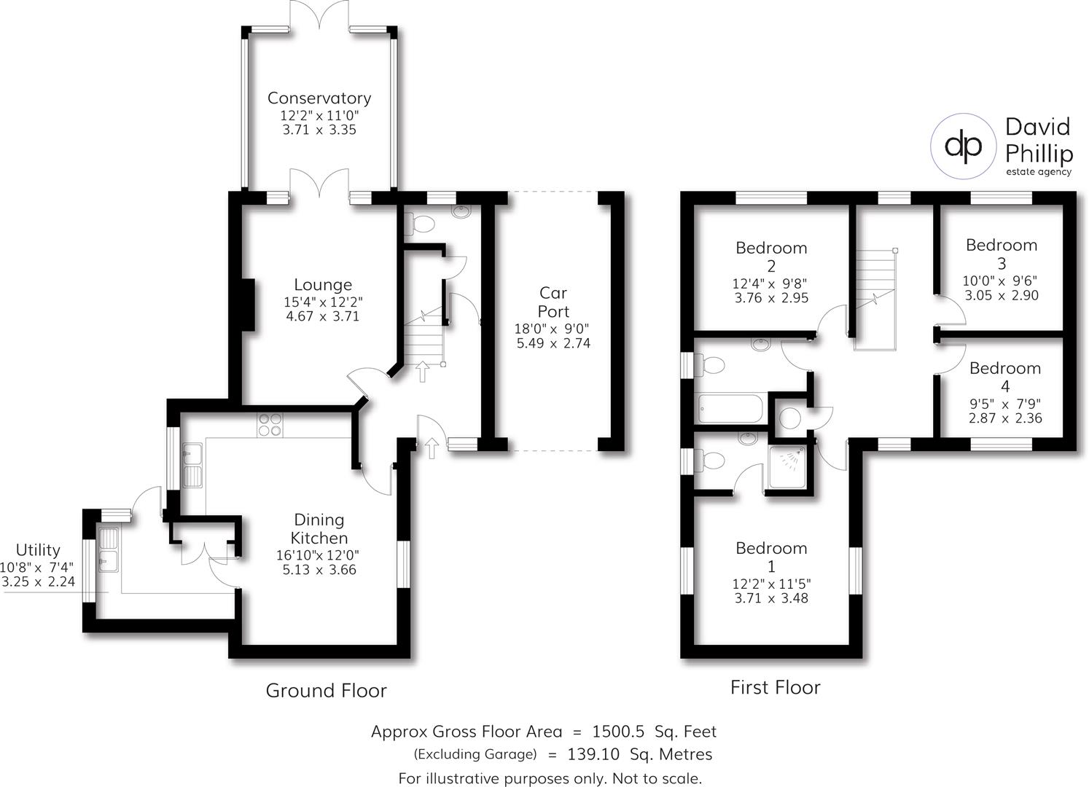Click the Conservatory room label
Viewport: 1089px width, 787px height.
[319, 98]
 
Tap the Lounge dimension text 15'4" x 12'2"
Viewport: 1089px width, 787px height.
[323, 301]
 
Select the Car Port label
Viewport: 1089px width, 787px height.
[553, 302]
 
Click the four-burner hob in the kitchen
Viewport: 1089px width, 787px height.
[269, 425]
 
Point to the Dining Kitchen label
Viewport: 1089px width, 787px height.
[319, 529]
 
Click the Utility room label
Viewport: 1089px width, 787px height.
[38, 550]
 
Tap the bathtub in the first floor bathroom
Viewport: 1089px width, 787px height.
[730, 409]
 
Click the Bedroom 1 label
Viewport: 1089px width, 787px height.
[770, 557]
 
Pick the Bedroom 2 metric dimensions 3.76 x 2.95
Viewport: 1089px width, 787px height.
[771, 298]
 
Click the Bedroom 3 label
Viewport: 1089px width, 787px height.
[1001, 254]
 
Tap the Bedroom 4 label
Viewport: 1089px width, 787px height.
[1004, 377]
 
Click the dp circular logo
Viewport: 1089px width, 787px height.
[963, 146]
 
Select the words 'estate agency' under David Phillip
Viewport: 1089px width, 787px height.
[1038, 172]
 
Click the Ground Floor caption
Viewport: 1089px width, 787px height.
[326, 690]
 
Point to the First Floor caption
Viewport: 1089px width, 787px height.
[775, 687]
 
